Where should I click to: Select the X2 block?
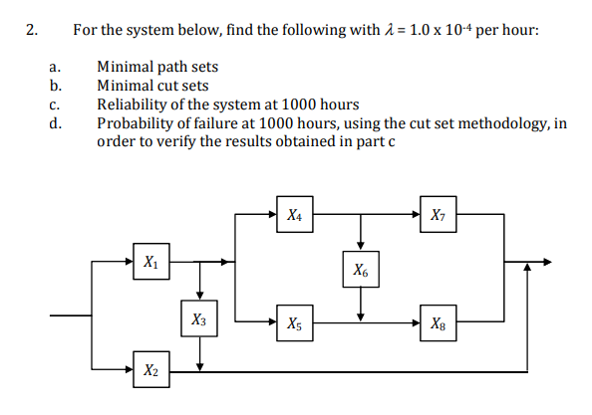[x=149, y=370]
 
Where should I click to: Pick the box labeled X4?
[x=294, y=214]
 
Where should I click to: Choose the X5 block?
[x=294, y=322]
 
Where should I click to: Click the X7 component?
[x=439, y=214]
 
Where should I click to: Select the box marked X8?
[x=439, y=322]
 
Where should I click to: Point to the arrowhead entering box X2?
[x=126, y=370]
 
